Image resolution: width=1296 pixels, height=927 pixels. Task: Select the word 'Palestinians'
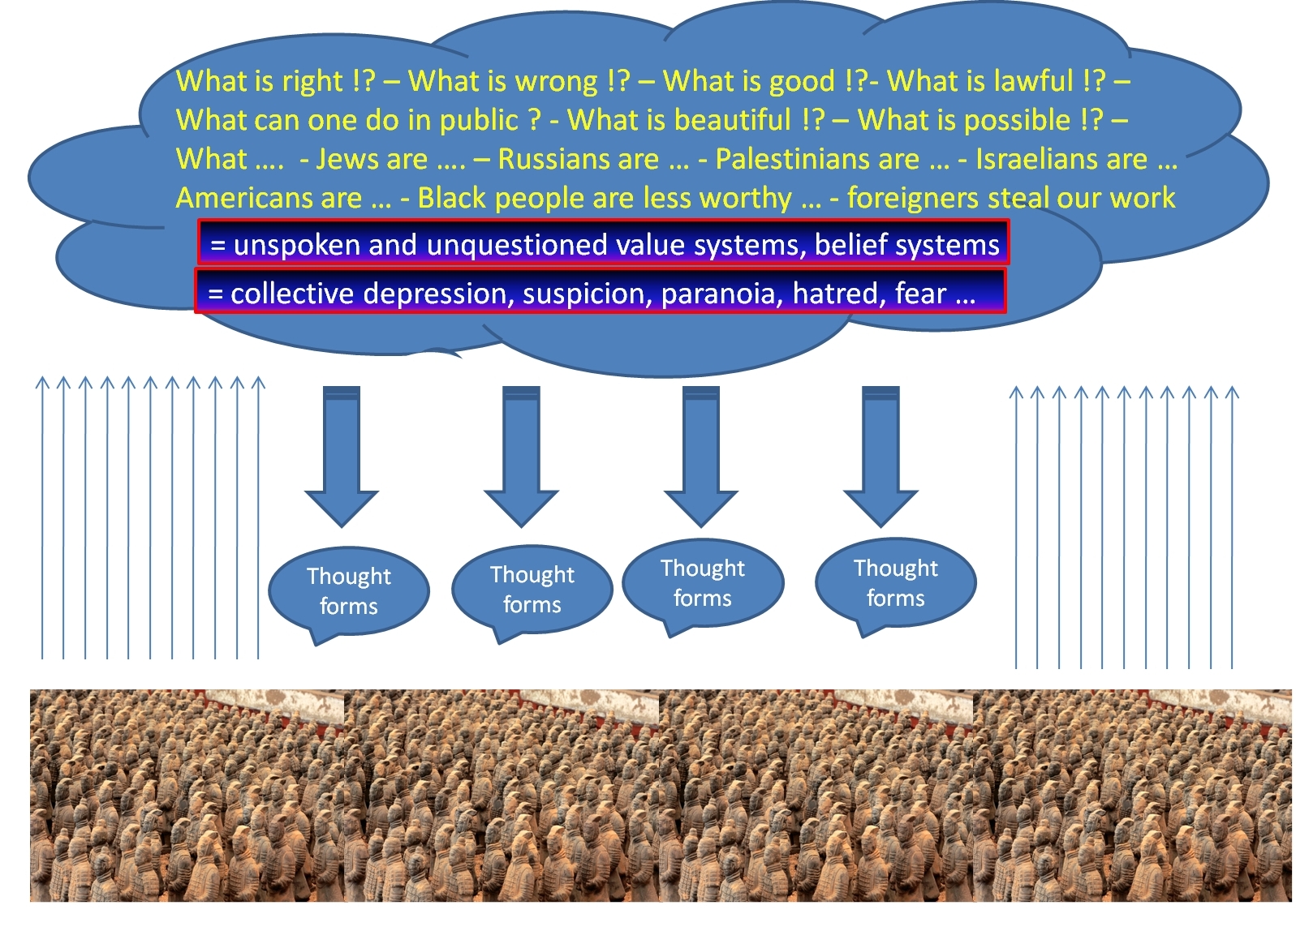click(x=817, y=159)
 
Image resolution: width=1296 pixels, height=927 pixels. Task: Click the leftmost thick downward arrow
click(x=342, y=457)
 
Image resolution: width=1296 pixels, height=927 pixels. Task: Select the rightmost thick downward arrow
click(x=881, y=457)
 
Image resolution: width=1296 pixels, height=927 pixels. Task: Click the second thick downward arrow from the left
click(x=521, y=457)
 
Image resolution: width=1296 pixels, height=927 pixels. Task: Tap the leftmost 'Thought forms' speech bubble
click(x=349, y=592)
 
